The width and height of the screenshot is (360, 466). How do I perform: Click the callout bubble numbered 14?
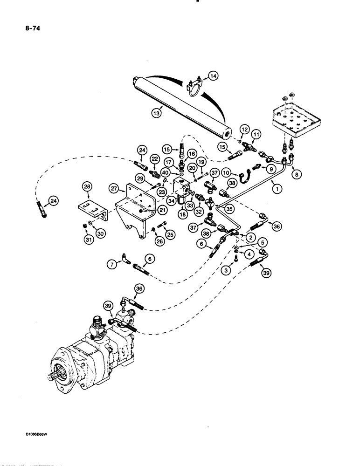tap(212, 75)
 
